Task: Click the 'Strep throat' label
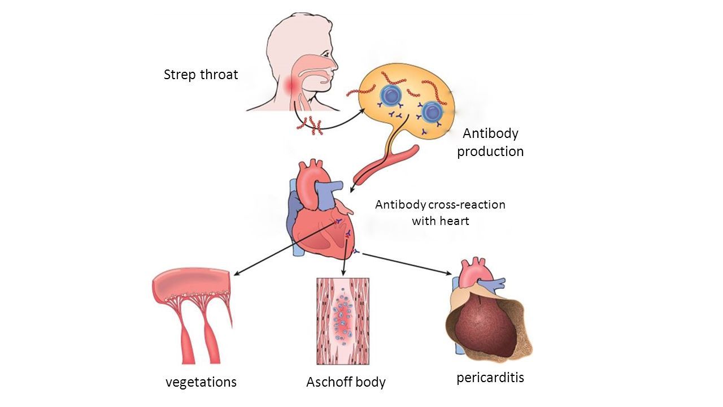tap(201, 75)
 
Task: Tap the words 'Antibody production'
tap(490, 142)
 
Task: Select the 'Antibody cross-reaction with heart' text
tap(440, 213)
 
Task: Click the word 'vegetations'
tap(201, 382)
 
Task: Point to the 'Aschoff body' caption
tap(346, 382)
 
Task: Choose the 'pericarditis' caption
tap(490, 377)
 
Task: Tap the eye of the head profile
tap(327, 53)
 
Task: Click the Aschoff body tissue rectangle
tap(343, 321)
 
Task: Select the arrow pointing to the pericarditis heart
tap(407, 264)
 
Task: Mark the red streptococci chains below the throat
tap(309, 125)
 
